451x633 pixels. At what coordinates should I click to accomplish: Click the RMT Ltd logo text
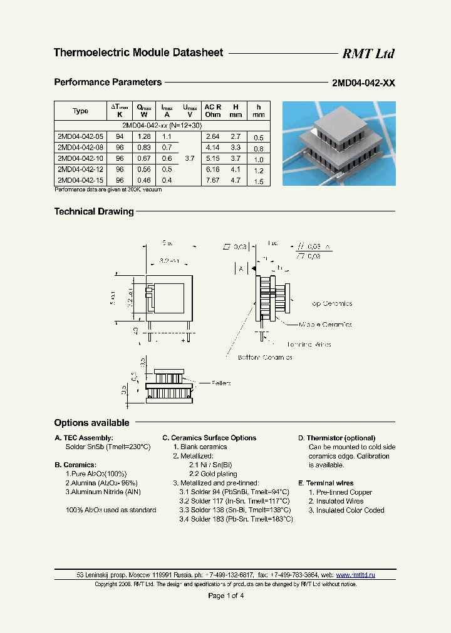pos(368,54)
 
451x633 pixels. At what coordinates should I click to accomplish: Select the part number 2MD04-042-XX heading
pos(363,83)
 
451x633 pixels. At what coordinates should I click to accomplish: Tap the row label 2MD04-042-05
pos(80,136)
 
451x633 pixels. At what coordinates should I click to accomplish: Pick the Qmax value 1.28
pos(144,136)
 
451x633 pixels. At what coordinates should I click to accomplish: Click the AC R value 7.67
pos(213,180)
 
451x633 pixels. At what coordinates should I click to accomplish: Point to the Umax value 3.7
pos(190,159)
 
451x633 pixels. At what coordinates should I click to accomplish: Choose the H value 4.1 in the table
pos(236,169)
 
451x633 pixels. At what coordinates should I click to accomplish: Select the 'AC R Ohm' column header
pos(213,111)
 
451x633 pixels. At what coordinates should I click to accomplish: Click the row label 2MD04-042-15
pos(80,180)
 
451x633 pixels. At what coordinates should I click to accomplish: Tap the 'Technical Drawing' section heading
pos(94,211)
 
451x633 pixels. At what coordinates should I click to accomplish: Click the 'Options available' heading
pos(91,423)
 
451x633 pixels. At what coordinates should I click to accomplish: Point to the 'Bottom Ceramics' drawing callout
pos(264,357)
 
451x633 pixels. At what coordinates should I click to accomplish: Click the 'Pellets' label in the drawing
pos(221,382)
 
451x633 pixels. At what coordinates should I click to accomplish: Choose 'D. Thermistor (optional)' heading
pos(336,438)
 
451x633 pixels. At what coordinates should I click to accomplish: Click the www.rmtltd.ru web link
pos(356,574)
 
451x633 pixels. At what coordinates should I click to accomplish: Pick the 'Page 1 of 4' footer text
pos(225,595)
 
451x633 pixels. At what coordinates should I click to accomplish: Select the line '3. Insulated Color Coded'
pos(346,510)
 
